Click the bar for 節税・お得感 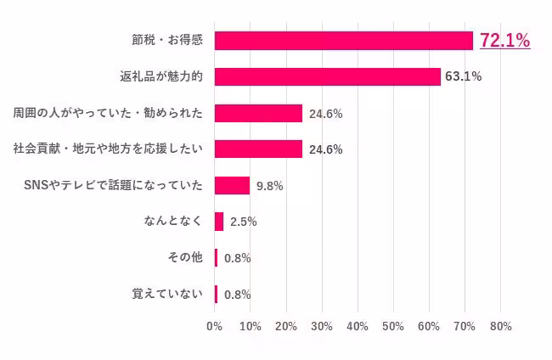pos(343,40)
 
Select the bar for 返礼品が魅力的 pos(327,76)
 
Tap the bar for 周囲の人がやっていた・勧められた pos(258,113)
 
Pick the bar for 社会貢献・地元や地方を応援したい pos(258,149)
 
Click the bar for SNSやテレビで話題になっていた pos(232,185)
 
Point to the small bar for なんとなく pos(219,222)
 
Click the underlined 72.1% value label pos(504,40)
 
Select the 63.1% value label pos(463,76)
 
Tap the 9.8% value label pos(269,186)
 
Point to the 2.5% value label pos(243,222)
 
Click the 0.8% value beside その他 pos(237,258)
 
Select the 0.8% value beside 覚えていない pos(237,295)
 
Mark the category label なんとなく pos(174,222)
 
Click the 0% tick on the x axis pos(214,326)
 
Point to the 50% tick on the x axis pos(393,326)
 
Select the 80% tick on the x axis pos(500,326)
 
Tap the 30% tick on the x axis pos(322,326)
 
